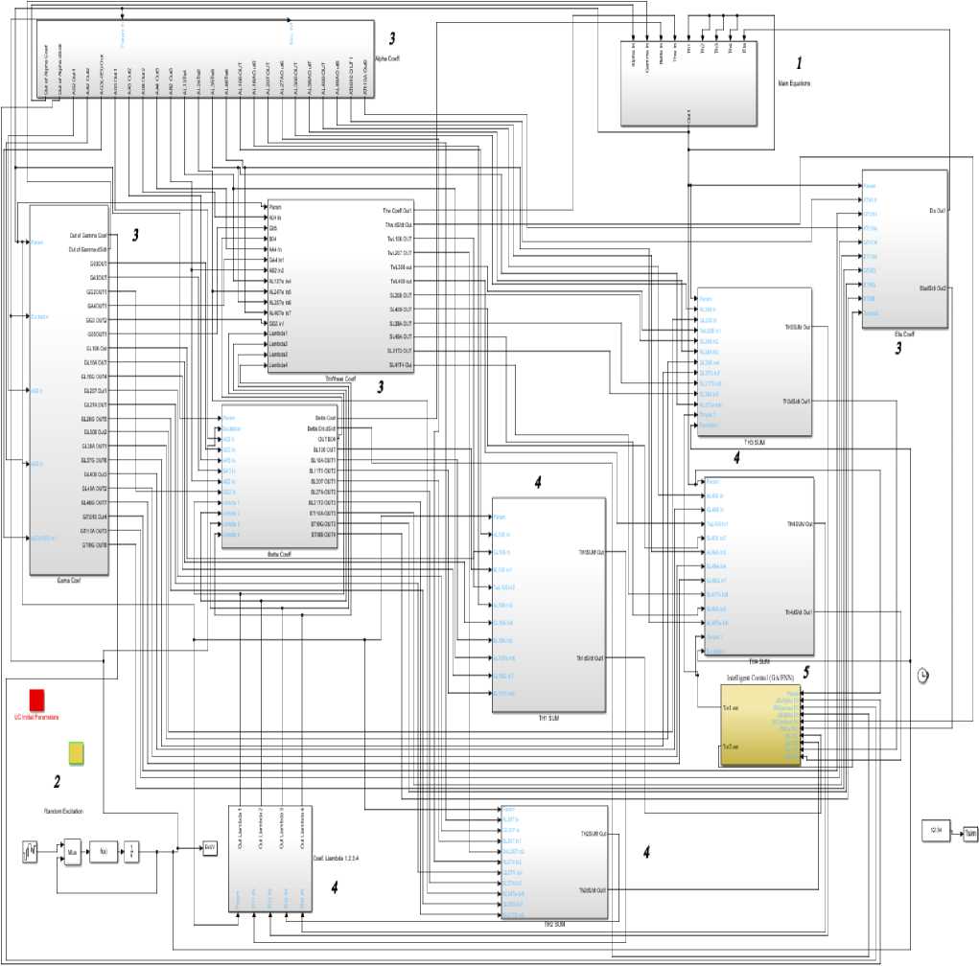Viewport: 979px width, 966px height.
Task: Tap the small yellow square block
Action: point(76,752)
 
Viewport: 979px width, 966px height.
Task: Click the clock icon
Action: point(922,675)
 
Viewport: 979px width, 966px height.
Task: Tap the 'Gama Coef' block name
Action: point(67,581)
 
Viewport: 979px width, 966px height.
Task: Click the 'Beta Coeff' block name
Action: point(280,554)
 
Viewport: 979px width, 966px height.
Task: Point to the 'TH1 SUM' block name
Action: point(547,717)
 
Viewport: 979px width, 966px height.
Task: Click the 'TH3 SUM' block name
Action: point(755,443)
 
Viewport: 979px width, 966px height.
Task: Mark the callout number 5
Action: point(806,673)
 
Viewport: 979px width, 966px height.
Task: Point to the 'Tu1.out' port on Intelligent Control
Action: point(730,708)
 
